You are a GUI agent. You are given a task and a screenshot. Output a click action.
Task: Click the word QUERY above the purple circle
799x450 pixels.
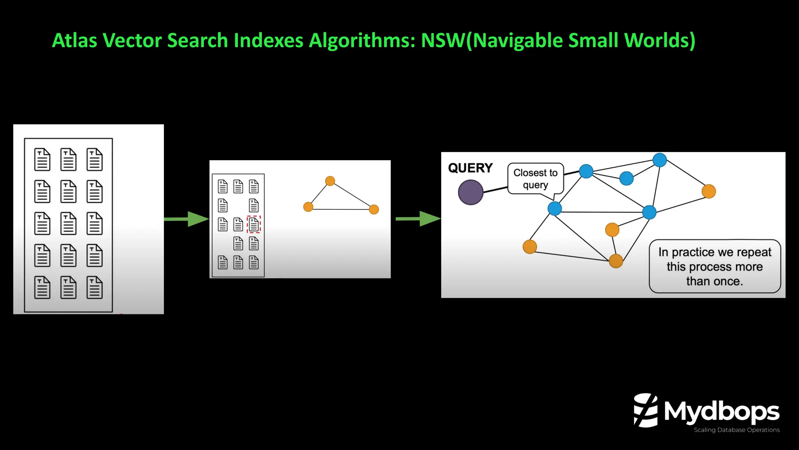[x=470, y=168]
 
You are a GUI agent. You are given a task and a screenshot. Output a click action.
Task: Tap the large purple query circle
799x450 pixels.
[x=471, y=192]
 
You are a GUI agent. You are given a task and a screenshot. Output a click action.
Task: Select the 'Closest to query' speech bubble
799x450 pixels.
[x=535, y=179]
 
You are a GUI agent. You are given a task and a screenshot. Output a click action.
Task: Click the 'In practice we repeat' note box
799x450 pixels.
[x=714, y=266]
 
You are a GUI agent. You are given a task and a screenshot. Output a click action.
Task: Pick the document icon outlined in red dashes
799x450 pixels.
[x=254, y=224]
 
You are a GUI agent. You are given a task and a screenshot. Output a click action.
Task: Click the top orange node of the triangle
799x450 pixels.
[x=330, y=181]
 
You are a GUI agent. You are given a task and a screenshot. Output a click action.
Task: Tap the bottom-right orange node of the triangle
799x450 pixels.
[x=374, y=209]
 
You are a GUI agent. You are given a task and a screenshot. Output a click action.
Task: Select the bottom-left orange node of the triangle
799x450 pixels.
[x=308, y=207]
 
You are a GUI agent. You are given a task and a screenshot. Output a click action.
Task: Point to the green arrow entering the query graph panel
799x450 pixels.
[x=418, y=219]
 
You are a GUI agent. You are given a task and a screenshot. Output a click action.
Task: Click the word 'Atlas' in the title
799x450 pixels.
[x=74, y=40]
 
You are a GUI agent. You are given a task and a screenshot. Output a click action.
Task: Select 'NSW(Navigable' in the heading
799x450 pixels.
[x=492, y=40]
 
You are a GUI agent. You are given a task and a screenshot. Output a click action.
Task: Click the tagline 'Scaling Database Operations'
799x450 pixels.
[x=736, y=430]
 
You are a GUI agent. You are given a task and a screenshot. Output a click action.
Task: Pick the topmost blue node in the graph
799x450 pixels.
[x=659, y=160]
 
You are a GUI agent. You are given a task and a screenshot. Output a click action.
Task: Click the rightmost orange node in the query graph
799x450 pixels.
[x=708, y=191]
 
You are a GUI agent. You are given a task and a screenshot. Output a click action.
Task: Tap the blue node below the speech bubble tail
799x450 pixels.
[x=554, y=208]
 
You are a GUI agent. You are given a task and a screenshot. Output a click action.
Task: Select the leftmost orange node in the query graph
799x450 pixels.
[x=529, y=246]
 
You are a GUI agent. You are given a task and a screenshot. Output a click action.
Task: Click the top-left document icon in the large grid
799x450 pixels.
[x=42, y=159]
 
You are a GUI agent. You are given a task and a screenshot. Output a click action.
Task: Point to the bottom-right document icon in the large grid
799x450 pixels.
[x=94, y=287]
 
